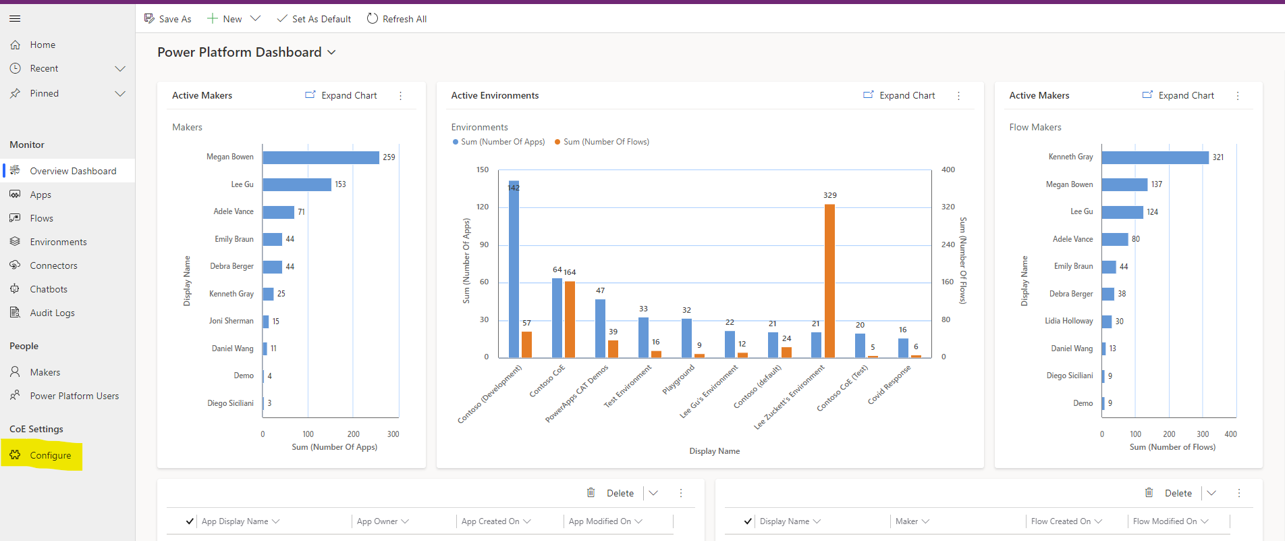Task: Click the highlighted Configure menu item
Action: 50,455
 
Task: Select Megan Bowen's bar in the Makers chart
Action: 321,157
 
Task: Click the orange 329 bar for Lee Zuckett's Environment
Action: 829,280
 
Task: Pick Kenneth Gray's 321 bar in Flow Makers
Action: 1155,157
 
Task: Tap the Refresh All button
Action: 397,19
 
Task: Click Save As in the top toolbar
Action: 168,19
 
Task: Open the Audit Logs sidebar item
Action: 52,313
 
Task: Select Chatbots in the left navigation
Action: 49,289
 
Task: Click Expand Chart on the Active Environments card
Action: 899,95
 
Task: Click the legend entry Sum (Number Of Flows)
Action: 605,142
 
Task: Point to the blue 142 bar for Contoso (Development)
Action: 514,270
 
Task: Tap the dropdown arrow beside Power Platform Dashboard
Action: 331,53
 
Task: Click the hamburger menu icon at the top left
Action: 15,18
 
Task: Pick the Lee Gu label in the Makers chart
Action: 242,184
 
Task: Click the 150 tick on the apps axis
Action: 483,170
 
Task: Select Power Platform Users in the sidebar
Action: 74,396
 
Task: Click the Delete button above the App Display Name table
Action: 611,493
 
